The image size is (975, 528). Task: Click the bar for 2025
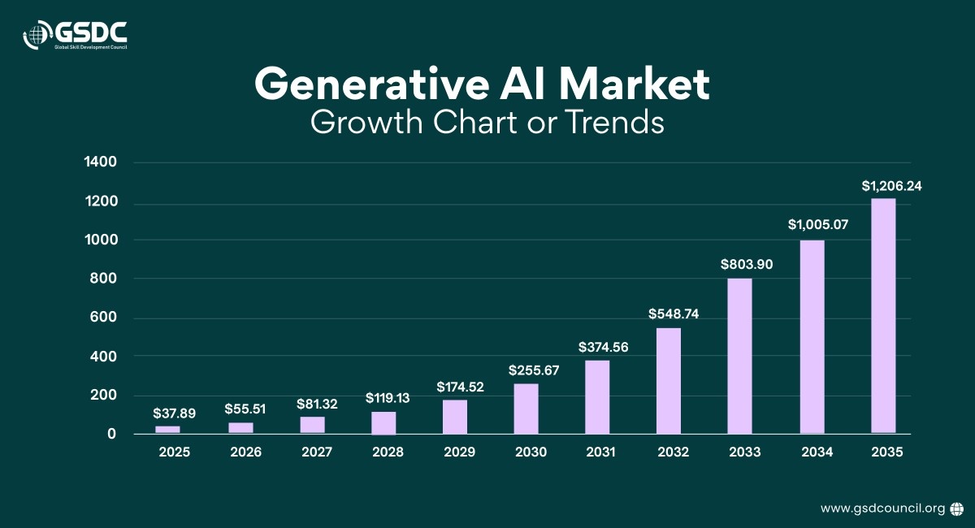[x=167, y=429]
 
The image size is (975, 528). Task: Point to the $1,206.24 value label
[x=891, y=186]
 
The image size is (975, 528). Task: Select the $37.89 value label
[x=174, y=413]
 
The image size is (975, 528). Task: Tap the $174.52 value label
[x=460, y=387]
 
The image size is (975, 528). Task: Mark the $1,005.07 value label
[x=817, y=225]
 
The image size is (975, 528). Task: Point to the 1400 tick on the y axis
[x=102, y=162]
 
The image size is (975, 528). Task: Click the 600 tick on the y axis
[x=106, y=318]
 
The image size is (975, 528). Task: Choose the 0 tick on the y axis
[x=112, y=435]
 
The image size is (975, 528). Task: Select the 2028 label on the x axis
[x=388, y=452]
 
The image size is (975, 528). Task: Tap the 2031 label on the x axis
[x=601, y=452]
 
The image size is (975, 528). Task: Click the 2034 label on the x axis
[x=817, y=452]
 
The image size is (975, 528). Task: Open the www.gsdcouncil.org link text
[x=882, y=509]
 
